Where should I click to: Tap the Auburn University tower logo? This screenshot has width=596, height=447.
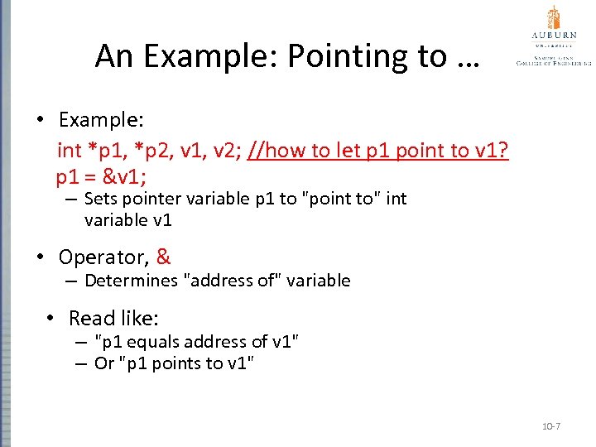pos(554,17)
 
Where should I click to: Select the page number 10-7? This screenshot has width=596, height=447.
pos(550,425)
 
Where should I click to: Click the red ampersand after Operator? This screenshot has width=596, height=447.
pos(163,257)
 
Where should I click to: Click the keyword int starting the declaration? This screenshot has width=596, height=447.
pos(69,151)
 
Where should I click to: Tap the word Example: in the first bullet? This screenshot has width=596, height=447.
pos(102,120)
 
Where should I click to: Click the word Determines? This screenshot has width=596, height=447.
pos(135,281)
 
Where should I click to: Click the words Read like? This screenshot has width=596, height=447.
pos(113,318)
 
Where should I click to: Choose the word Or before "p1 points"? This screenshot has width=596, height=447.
pos(103,363)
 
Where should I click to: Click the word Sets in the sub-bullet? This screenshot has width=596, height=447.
pos(100,199)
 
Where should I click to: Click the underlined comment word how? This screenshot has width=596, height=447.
pos(284,151)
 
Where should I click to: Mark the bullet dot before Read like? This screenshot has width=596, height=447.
pos(51,319)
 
